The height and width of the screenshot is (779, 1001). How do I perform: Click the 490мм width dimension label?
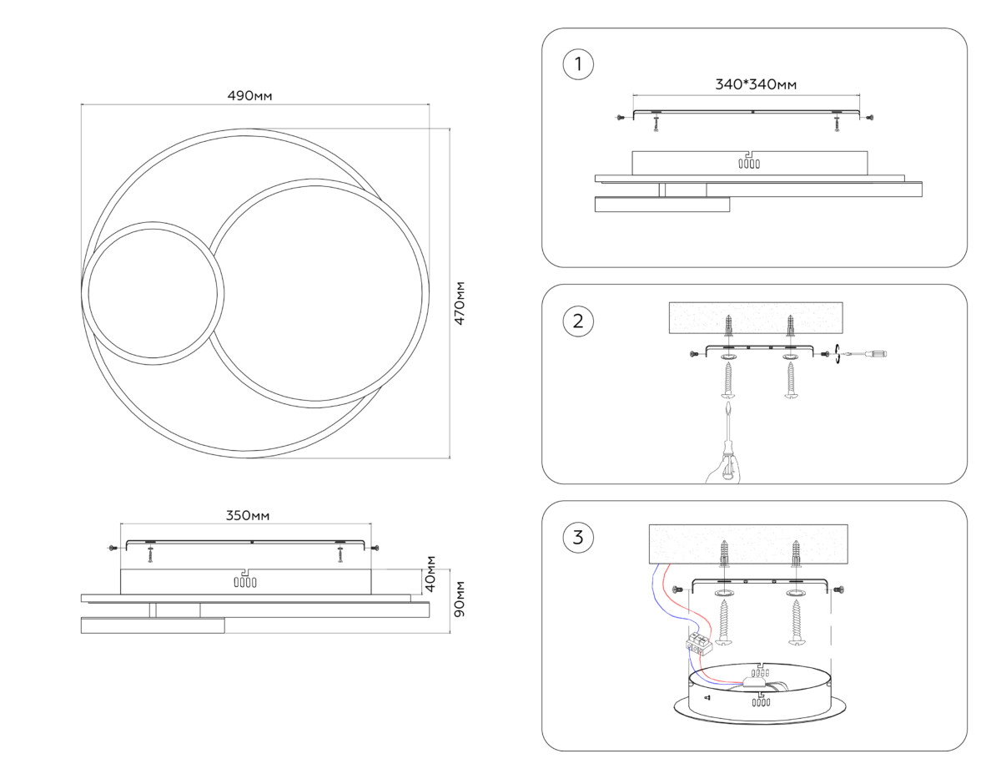(250, 96)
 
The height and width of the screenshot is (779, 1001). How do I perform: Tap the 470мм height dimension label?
(460, 303)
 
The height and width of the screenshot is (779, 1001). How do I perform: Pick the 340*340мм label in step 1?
(756, 84)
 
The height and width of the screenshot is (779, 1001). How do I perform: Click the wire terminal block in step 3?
(697, 644)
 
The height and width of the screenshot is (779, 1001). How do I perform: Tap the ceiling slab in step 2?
(756, 318)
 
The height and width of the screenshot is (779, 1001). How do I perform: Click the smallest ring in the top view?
(153, 292)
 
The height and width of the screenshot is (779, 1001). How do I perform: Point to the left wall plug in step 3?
(725, 555)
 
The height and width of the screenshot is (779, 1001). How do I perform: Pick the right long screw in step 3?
(797, 625)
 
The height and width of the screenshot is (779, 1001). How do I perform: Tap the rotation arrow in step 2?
(835, 355)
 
